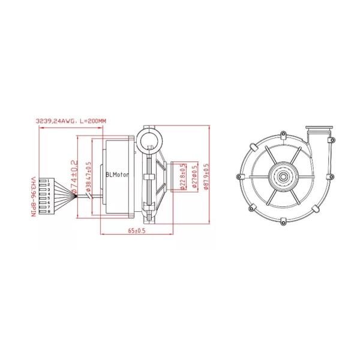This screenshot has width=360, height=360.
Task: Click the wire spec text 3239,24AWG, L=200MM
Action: tap(71, 121)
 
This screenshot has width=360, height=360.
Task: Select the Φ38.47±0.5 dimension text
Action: tap(88, 178)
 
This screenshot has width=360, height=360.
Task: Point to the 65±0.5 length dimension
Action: tap(137, 230)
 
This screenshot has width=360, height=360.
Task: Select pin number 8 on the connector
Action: tap(47, 211)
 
